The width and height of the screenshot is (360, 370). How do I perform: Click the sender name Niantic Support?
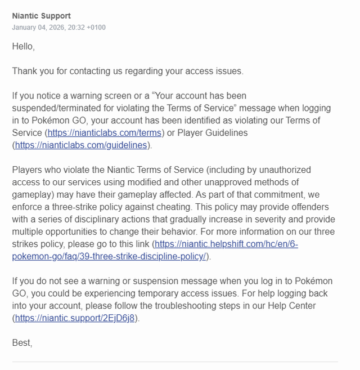41,16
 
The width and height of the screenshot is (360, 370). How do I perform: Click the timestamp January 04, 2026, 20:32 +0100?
58,28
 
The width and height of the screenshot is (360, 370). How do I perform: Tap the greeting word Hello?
22,47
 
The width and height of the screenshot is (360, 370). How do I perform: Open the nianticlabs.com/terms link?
105,133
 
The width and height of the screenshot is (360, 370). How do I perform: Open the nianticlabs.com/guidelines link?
81,145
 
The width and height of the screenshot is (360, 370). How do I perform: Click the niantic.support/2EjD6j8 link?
75,318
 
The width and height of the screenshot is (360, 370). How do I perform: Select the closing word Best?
21,342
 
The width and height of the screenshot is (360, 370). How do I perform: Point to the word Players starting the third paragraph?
28,170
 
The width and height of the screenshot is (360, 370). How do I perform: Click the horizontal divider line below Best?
175,362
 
